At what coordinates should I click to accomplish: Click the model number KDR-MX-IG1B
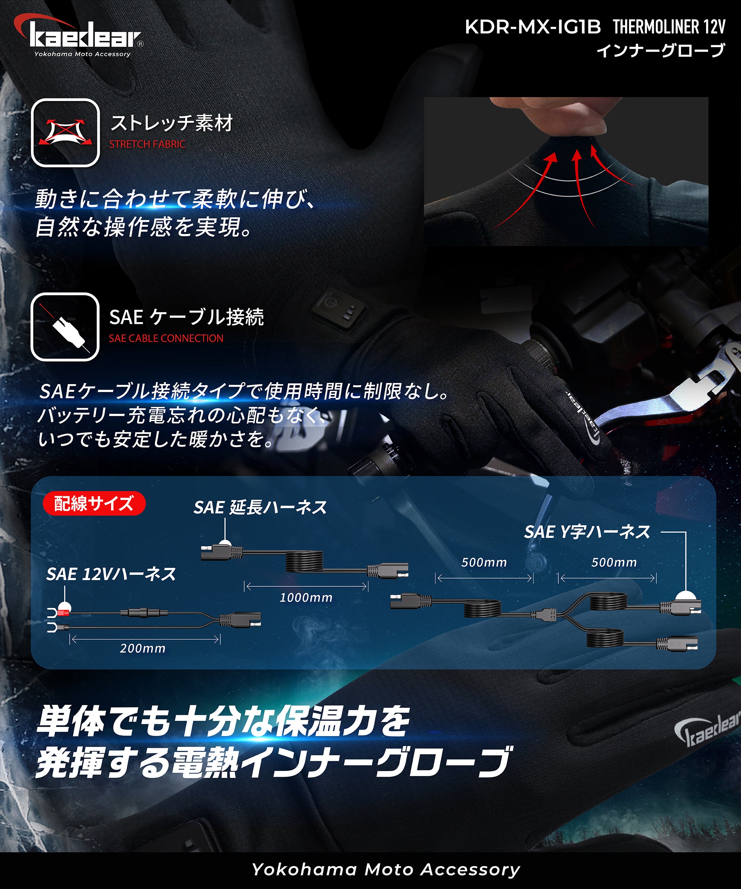533,27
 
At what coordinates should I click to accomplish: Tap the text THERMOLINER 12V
669,27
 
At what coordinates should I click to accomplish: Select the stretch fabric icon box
65,133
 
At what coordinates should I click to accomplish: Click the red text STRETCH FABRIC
147,144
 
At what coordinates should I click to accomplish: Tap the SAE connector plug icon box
65,327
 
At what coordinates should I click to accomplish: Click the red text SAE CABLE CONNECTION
166,339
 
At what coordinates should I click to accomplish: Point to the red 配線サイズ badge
94,504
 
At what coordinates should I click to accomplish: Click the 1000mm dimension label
306,598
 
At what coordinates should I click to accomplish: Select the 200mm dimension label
142,648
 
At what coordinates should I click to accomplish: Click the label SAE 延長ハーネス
260,507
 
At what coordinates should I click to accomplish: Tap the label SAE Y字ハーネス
587,532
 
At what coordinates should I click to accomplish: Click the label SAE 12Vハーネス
111,574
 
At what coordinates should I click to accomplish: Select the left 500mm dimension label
484,563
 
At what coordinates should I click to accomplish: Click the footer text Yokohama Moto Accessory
386,869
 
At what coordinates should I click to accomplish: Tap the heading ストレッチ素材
172,123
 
